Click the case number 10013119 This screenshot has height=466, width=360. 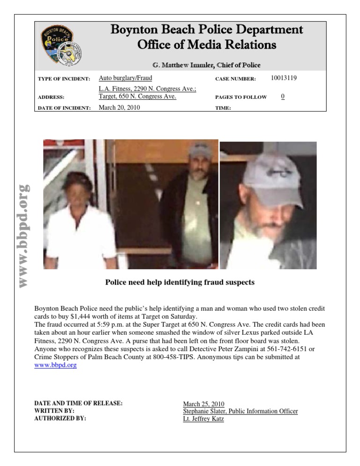click(x=284, y=78)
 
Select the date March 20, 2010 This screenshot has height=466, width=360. click(x=120, y=107)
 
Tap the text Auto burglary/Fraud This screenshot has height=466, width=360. click(x=125, y=78)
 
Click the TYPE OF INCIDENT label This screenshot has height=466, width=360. click(x=64, y=79)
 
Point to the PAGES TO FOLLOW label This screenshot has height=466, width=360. click(x=241, y=97)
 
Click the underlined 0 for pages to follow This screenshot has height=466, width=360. click(x=283, y=97)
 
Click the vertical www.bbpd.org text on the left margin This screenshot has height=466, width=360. click(x=23, y=234)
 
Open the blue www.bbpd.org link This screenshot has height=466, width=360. click(x=55, y=365)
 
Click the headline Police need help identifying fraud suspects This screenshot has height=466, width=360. click(x=180, y=282)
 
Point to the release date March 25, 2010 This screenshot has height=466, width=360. click(x=203, y=404)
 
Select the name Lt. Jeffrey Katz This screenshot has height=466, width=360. click(x=203, y=419)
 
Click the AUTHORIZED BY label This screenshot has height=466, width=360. click(x=60, y=419)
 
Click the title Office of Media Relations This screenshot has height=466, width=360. click(x=206, y=45)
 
